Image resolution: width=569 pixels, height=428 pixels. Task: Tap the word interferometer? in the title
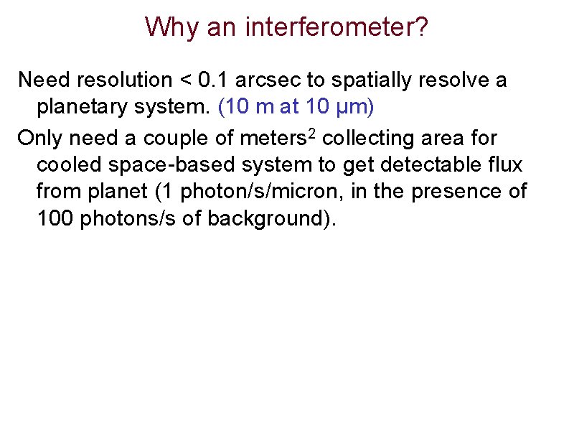tap(337, 27)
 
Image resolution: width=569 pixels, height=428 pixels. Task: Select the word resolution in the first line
tap(123, 80)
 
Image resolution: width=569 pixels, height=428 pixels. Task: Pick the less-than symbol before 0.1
tap(183, 80)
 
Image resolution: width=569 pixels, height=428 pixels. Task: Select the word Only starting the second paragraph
tap(41, 136)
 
